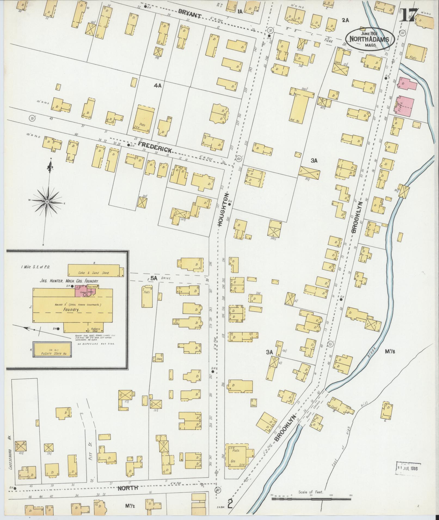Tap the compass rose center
[x=47, y=201]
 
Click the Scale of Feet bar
[x=312, y=499]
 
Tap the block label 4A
[x=158, y=85]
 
